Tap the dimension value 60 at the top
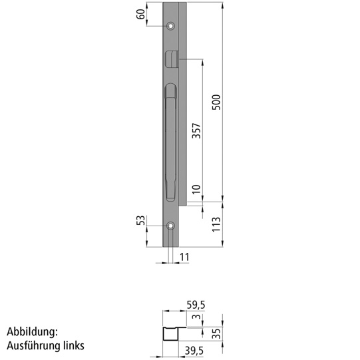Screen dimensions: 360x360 tap(141, 14)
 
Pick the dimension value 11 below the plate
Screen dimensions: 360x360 tap(184, 256)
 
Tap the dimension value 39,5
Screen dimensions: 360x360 tap(194, 351)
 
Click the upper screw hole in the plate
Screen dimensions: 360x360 tap(171, 27)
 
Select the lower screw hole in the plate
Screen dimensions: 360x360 tap(171, 226)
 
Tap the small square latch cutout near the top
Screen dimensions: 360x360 tap(171, 59)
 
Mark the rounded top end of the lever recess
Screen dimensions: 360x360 tap(170, 89)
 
